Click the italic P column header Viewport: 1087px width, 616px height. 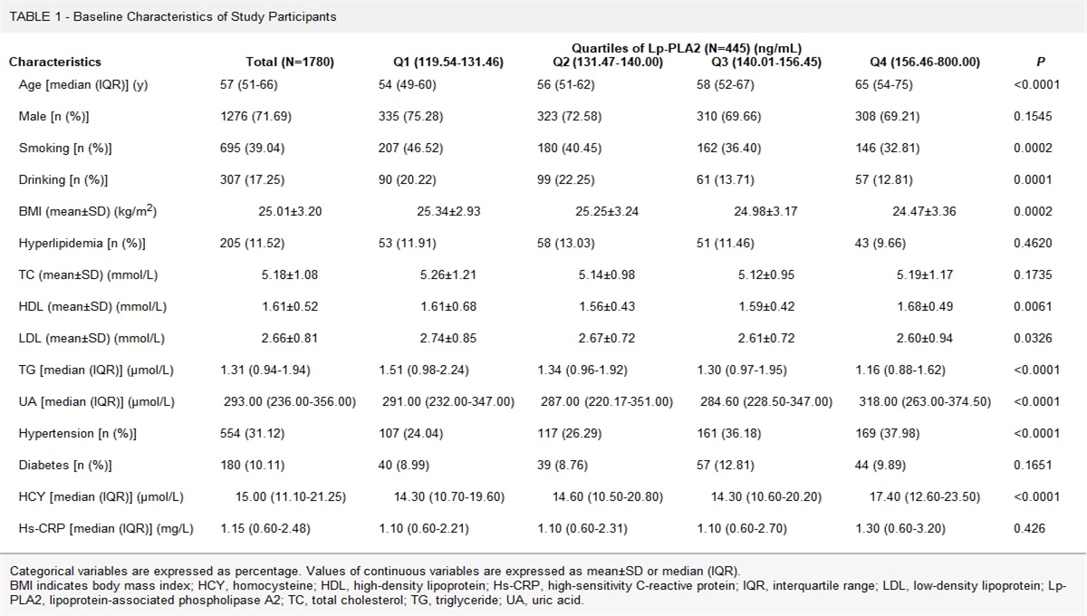point(1040,63)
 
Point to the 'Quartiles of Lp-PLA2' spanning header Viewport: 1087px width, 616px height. point(686,48)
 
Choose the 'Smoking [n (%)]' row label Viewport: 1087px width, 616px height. point(65,148)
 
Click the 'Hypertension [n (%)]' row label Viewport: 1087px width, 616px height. point(78,434)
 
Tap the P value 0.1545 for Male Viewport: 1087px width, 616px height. point(1034,116)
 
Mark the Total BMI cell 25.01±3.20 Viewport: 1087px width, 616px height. point(290,212)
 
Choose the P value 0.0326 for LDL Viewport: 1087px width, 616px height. point(1034,339)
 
